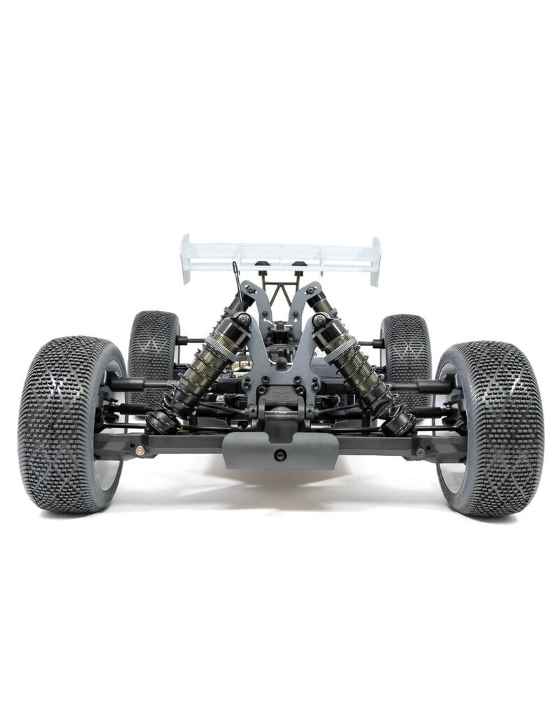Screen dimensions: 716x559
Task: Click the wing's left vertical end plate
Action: [x=186, y=259]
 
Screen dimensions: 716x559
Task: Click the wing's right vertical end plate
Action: [x=375, y=261]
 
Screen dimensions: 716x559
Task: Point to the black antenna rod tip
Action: [x=235, y=265]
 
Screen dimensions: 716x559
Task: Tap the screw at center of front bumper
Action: [x=280, y=454]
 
